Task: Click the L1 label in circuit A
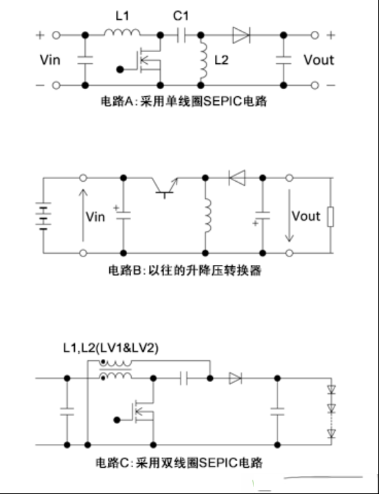122,16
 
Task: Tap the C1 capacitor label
181,16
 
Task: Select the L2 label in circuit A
221,60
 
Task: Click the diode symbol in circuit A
241,35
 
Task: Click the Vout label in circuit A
319,60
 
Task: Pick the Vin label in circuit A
50,60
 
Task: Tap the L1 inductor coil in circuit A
122,32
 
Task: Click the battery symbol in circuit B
43,216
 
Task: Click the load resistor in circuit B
330,217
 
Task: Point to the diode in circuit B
237,178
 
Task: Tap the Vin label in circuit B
95,217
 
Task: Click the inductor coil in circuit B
207,216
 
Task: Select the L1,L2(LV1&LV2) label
111,348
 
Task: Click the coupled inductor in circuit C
115,370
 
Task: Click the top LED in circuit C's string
331,390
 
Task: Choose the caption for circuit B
185,270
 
